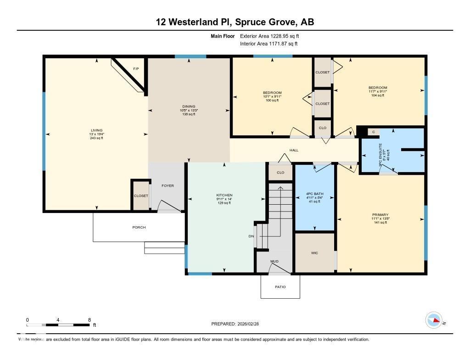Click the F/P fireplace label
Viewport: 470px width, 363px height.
pos(136,69)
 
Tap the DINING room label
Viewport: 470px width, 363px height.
pos(189,106)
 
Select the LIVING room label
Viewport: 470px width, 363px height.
pos(96,130)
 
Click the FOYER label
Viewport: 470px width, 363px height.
pos(168,186)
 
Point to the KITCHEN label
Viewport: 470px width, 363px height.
pos(224,195)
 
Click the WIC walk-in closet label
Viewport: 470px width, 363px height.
pos(314,253)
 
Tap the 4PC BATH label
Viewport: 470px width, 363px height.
pos(315,194)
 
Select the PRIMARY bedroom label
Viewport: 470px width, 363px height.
pos(380,215)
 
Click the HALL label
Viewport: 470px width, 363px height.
pos(294,150)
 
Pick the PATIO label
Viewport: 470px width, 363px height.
pos(280,287)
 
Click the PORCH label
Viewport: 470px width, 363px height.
pos(139,227)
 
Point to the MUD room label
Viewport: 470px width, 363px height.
pos(274,262)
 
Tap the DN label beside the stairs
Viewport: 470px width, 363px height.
pos(251,236)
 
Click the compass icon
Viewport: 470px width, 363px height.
pos(434,319)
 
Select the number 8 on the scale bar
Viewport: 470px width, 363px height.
pos(89,320)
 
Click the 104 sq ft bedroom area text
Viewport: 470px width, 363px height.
pos(378,95)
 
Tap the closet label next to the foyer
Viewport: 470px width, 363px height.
pos(141,196)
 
